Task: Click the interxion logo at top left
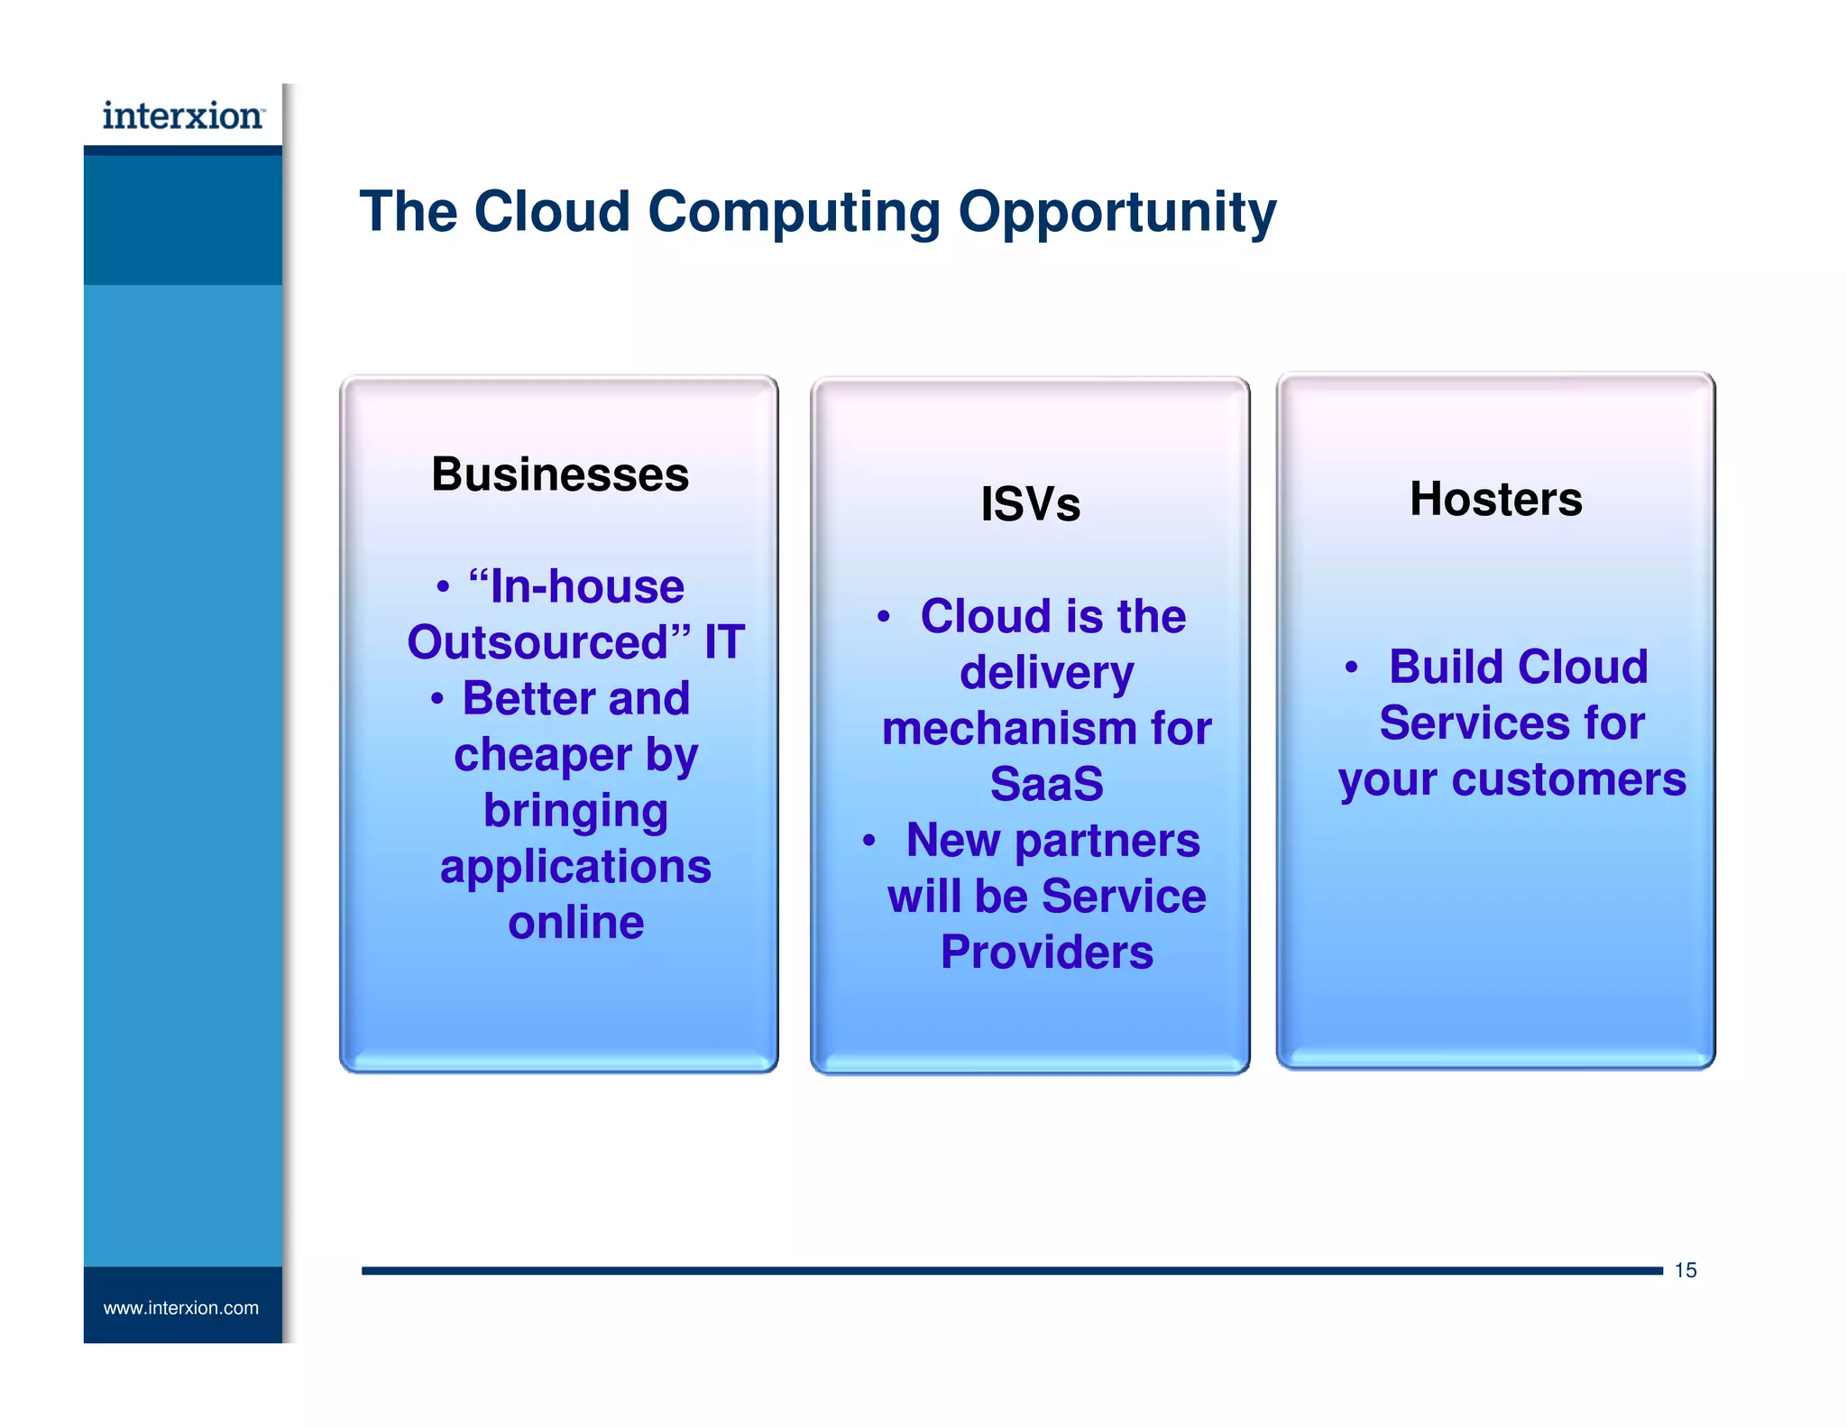pyautogui.click(x=183, y=115)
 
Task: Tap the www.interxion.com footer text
pyautogui.click(x=180, y=1308)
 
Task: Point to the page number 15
pyautogui.click(x=1685, y=1270)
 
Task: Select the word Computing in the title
pyautogui.click(x=794, y=213)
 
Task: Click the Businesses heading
pyautogui.click(x=560, y=474)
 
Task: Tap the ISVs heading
pyautogui.click(x=1030, y=503)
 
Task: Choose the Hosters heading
pyautogui.click(x=1495, y=499)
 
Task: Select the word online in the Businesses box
pyautogui.click(x=576, y=922)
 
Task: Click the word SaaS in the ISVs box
pyautogui.click(x=1046, y=783)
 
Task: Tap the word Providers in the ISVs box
pyautogui.click(x=1046, y=952)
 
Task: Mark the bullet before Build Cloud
pyautogui.click(x=1350, y=667)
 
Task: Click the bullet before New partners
pyautogui.click(x=868, y=841)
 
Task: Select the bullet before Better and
pyautogui.click(x=436, y=699)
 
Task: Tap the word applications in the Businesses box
pyautogui.click(x=575, y=867)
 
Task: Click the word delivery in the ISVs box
pyautogui.click(x=1046, y=672)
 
